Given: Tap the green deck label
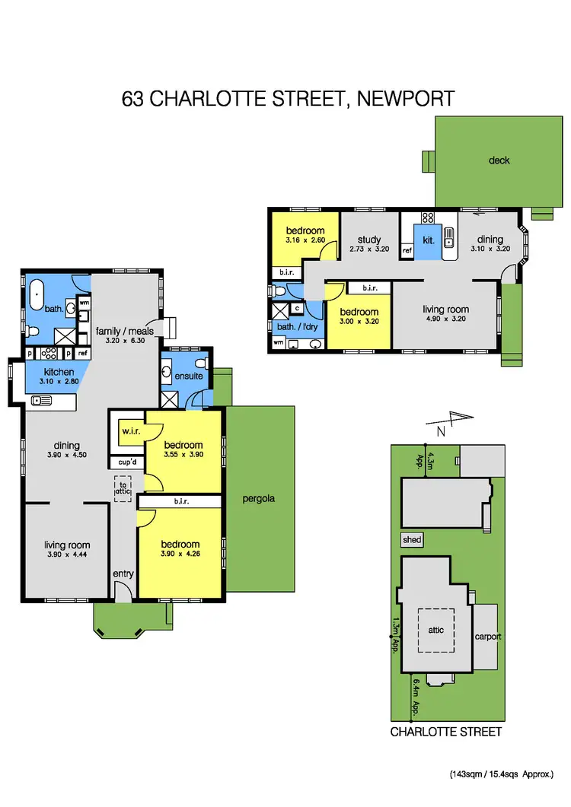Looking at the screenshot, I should (499, 160).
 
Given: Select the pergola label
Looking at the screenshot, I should (260, 500).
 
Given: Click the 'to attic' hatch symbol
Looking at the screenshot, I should (123, 488).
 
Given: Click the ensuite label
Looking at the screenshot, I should (188, 376).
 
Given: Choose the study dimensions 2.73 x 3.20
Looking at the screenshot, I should (369, 249).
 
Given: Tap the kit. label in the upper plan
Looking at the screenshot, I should (429, 240).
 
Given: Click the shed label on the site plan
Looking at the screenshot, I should (412, 539).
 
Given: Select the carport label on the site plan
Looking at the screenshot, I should (487, 637).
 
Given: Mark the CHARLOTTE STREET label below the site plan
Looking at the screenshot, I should (446, 732).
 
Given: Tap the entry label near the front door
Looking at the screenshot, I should (122, 573).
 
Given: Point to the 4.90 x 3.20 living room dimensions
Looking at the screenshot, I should (446, 319).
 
